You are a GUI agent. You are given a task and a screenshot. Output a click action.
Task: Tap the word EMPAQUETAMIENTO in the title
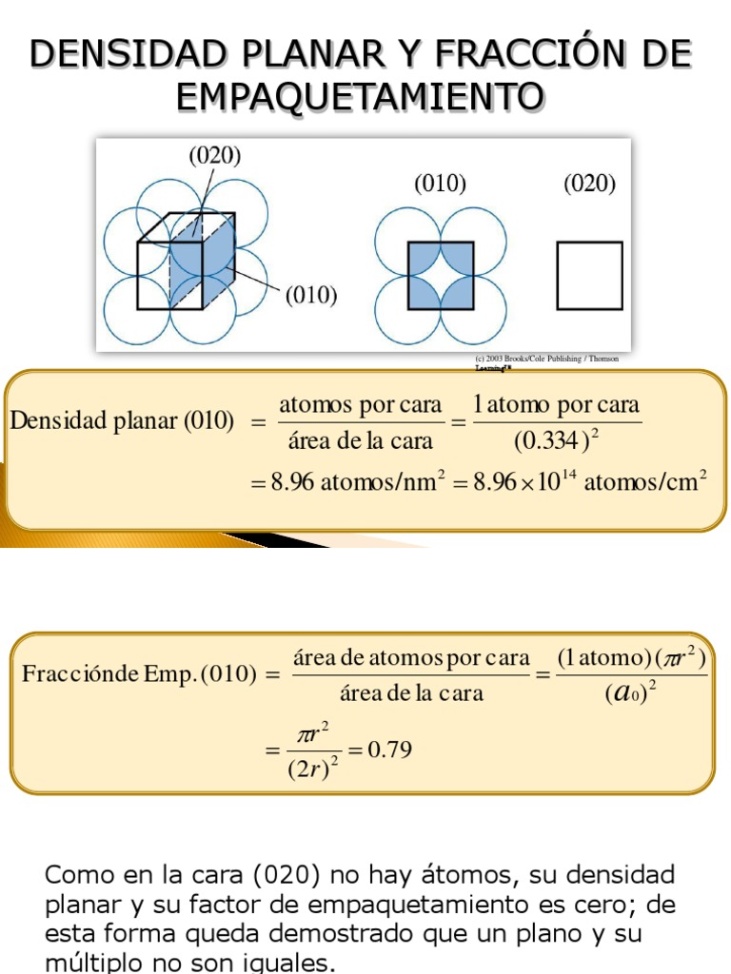pos(361,95)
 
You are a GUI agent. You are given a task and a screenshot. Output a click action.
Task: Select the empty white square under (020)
pos(589,276)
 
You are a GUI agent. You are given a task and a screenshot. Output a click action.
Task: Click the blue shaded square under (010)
pos(441,276)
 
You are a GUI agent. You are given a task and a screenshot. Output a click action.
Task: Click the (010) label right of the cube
pos(312,296)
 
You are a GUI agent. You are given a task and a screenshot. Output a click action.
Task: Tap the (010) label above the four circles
pos(440,185)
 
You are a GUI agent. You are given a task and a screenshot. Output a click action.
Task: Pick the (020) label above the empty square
pos(589,185)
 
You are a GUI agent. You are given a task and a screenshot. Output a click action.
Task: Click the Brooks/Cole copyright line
pos(546,360)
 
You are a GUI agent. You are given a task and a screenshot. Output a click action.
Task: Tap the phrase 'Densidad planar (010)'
pos(122,421)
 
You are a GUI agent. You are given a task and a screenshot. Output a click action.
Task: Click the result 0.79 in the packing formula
pos(389,750)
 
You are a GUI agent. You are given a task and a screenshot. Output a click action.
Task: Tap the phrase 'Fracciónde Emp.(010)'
pos(139,674)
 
